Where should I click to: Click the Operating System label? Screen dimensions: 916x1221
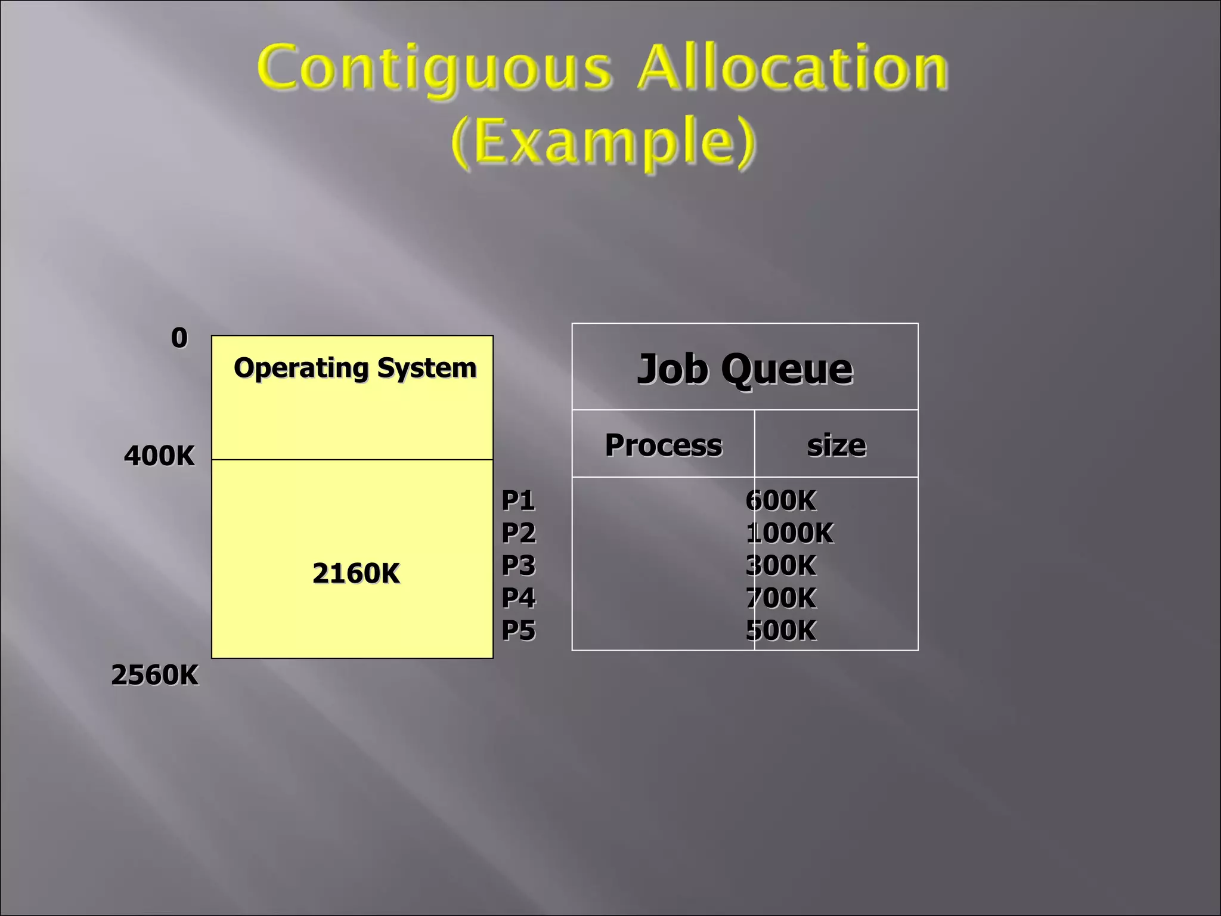355,368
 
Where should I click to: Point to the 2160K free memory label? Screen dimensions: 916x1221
356,573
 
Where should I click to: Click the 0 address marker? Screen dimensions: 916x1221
179,338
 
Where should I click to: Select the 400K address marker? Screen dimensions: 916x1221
159,456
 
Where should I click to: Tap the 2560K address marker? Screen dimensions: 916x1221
155,675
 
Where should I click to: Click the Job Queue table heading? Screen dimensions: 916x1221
745,369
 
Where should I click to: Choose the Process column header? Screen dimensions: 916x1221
664,445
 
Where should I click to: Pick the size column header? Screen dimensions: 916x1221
836,445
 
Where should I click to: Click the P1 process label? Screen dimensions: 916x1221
518,500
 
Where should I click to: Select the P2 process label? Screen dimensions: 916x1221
519,533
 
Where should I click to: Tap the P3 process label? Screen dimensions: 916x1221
519,565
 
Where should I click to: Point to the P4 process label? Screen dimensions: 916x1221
519,598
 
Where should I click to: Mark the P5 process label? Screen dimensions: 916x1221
519,630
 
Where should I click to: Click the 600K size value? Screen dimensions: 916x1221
781,500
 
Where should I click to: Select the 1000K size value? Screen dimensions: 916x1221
790,533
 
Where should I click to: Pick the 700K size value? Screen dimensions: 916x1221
781,598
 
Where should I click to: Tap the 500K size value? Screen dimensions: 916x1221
781,630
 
